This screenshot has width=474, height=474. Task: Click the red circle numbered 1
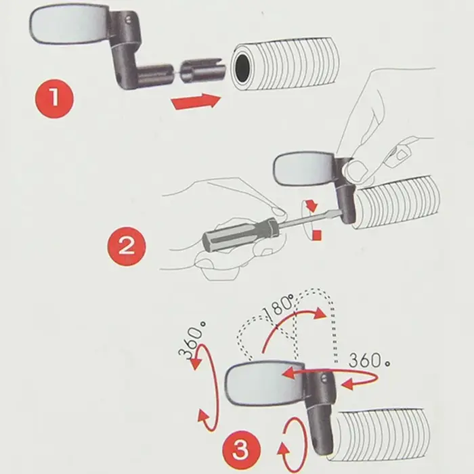point(54,99)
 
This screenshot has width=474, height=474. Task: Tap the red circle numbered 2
point(127,246)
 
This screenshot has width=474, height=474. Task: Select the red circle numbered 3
point(241,450)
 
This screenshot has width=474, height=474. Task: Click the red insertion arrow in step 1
point(196,101)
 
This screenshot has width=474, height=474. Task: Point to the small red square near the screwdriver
point(317,235)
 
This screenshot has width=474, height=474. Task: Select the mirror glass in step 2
point(304,169)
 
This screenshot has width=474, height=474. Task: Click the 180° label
point(278,307)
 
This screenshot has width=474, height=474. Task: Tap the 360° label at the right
point(369,360)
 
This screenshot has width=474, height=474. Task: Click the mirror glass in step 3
point(265,383)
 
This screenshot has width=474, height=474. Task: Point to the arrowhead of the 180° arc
point(320,314)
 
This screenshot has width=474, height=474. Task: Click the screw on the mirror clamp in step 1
point(128,20)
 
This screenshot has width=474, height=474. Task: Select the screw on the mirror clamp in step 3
point(324,378)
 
